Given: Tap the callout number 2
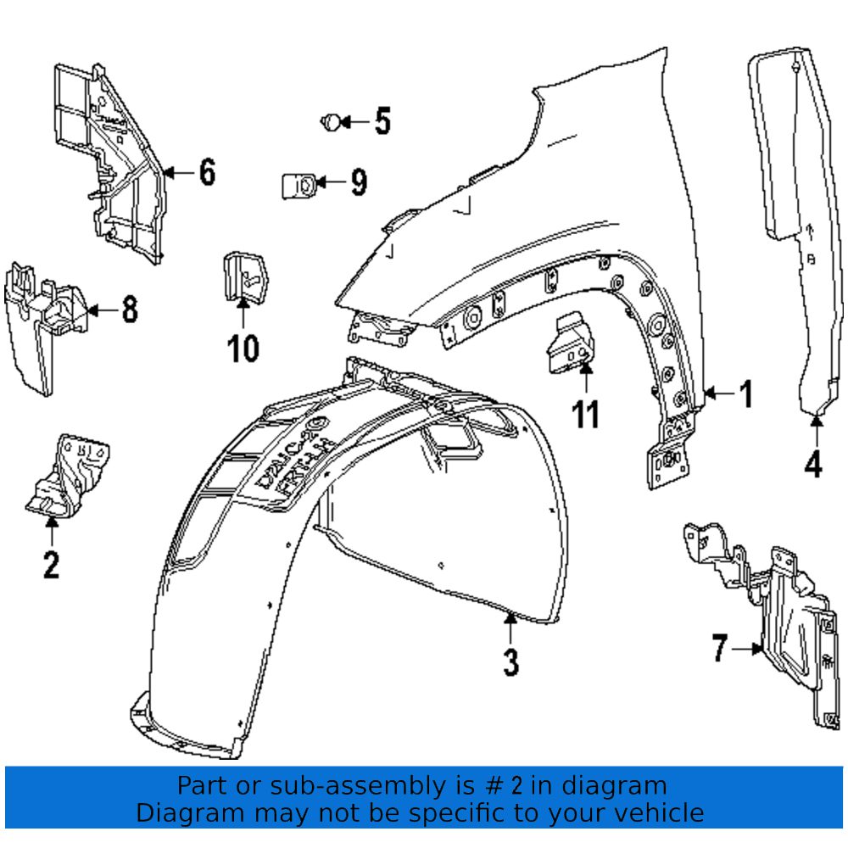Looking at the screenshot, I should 51,564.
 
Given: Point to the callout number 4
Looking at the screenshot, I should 813,464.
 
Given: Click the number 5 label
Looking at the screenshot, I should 382,122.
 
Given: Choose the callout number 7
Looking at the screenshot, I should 719,650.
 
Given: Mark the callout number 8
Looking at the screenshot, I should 129,310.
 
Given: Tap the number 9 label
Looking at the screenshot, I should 359,182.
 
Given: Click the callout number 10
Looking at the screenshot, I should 243,348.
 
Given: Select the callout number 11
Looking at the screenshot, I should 585,415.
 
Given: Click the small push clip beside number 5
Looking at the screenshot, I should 332,122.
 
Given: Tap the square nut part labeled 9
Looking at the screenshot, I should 299,184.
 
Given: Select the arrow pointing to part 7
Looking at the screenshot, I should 747,650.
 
